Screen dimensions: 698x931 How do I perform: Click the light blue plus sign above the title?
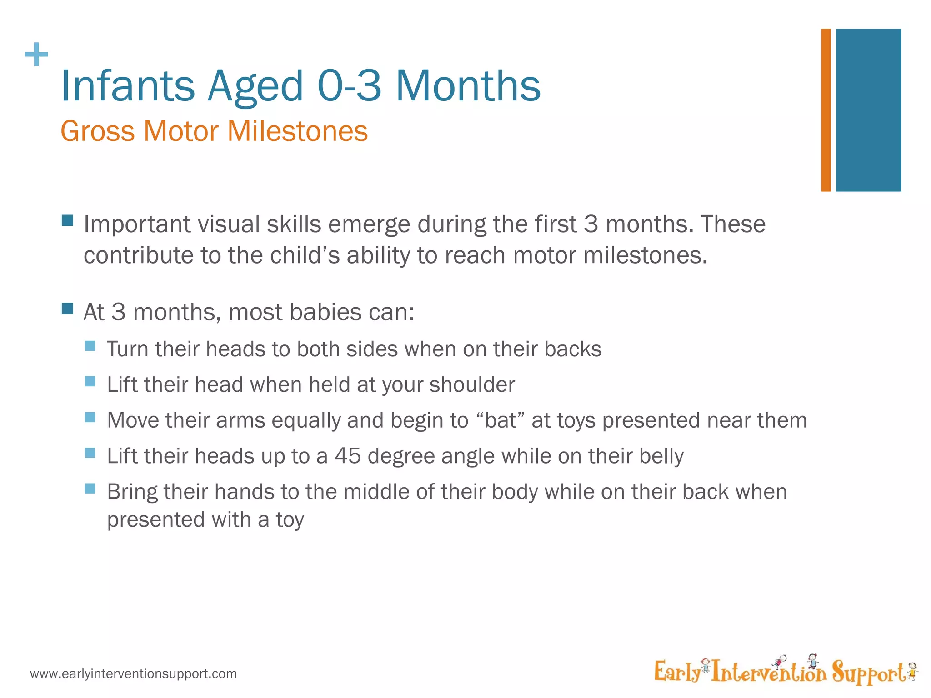click(x=36, y=55)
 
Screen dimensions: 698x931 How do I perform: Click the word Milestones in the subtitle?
click(x=297, y=131)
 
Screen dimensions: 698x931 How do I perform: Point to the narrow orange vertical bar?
click(x=826, y=110)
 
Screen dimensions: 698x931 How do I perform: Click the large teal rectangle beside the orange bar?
click(x=868, y=110)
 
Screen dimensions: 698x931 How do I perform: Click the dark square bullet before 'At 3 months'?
click(x=67, y=309)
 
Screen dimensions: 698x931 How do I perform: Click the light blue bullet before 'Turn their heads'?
click(x=90, y=346)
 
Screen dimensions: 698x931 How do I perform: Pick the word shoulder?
click(x=472, y=385)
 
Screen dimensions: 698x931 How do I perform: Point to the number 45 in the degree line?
click(x=348, y=456)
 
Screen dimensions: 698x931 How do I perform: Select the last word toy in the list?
click(x=290, y=520)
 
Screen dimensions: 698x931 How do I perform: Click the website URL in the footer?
click(x=133, y=673)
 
